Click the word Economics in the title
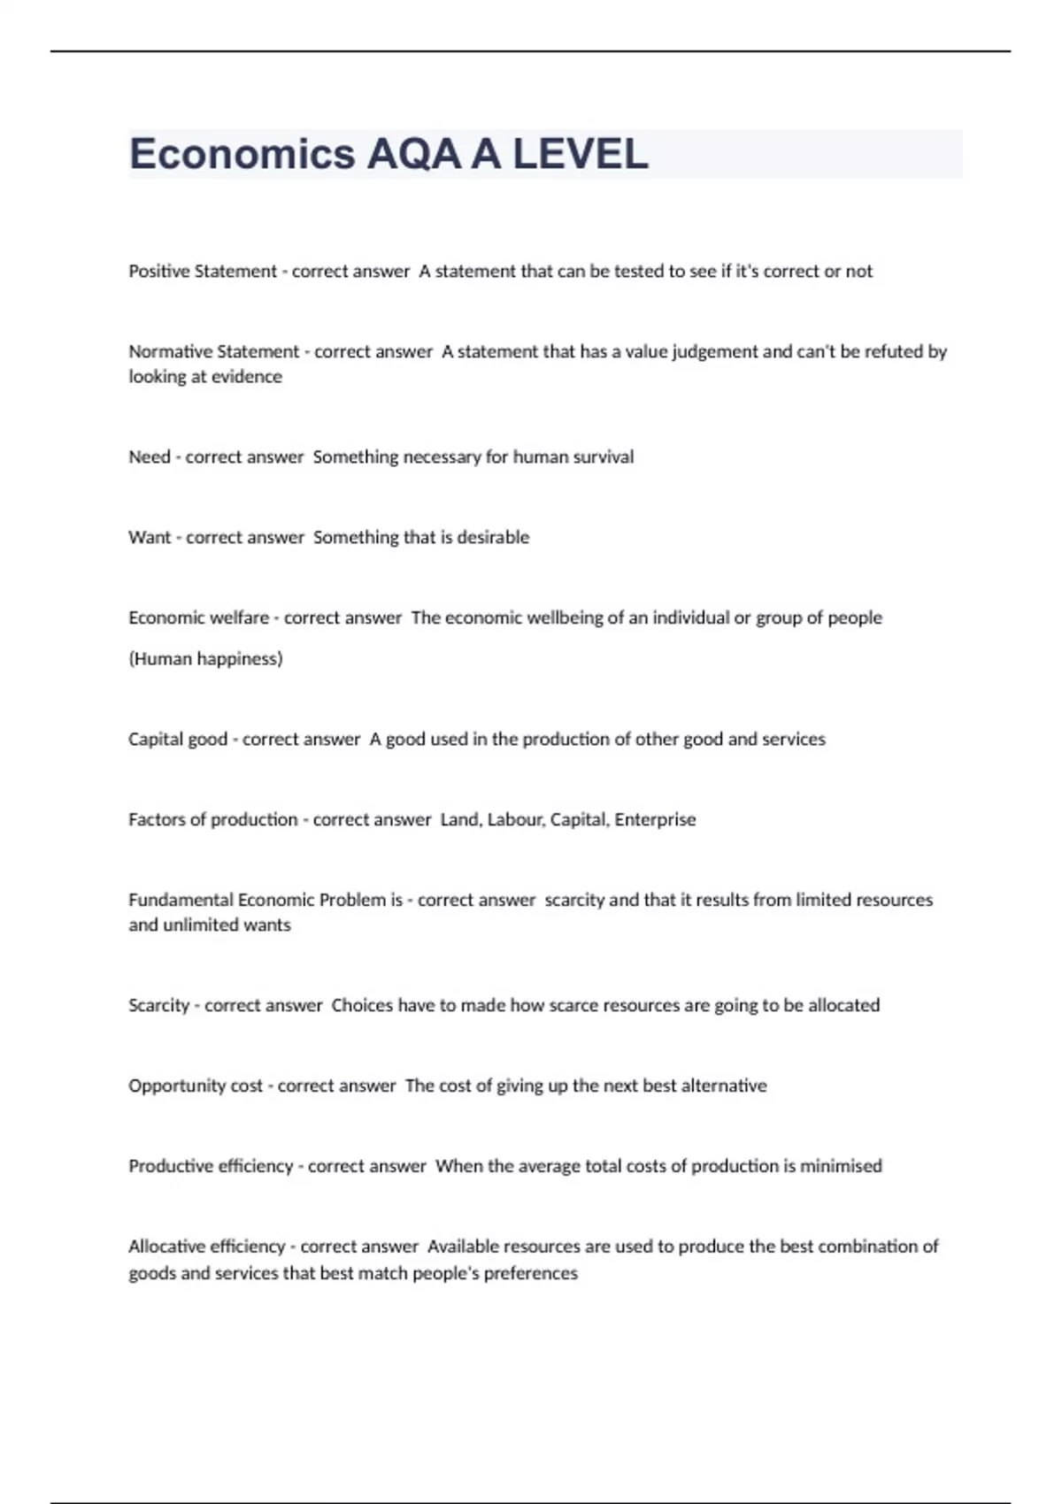coord(242,155)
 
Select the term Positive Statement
coord(203,272)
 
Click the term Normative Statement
coord(214,352)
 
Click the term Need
coord(150,457)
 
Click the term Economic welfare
coord(198,618)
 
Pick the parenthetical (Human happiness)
coord(205,659)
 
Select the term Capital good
coord(178,740)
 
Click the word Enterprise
coord(655,820)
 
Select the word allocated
coord(843,1006)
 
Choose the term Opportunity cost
coord(196,1086)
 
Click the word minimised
coord(841,1167)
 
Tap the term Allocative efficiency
coord(206,1247)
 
